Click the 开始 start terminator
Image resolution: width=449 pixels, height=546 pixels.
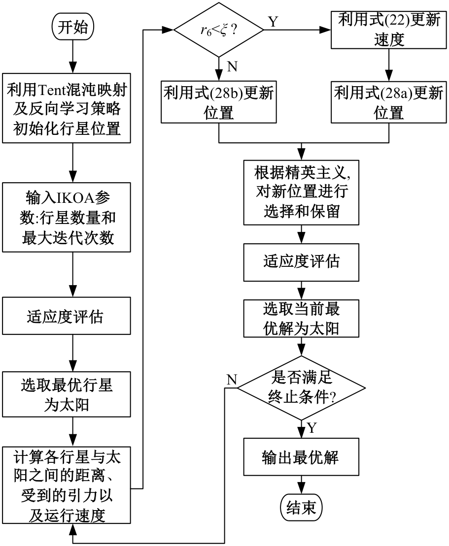click(72, 28)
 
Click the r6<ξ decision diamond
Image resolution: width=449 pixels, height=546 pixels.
click(218, 30)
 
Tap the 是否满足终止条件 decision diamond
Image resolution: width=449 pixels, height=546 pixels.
click(301, 388)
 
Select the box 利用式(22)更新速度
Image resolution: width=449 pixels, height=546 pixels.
click(389, 30)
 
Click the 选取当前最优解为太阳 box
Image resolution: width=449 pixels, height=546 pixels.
click(301, 319)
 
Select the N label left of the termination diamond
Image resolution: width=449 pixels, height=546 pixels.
click(232, 379)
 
